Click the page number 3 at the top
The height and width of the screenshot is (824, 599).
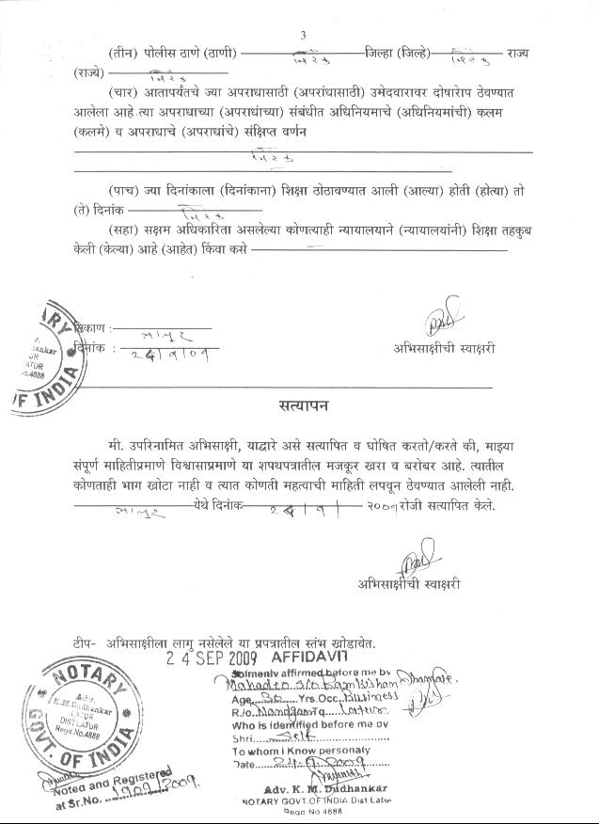303,36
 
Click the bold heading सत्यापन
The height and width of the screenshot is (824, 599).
304,406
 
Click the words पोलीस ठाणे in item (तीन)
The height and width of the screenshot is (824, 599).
178,52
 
